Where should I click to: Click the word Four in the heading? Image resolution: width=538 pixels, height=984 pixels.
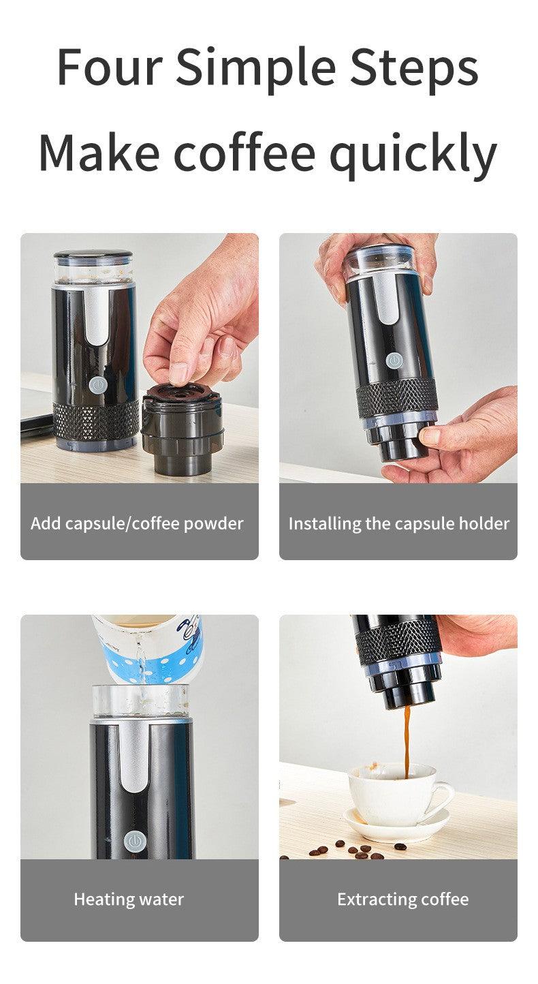point(110,67)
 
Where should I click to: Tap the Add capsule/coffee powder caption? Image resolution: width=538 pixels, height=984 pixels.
point(137,523)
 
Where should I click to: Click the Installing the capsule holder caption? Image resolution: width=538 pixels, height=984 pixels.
point(399,523)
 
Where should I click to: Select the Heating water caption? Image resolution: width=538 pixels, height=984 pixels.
point(129,900)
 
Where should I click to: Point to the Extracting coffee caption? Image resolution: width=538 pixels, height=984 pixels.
point(402,899)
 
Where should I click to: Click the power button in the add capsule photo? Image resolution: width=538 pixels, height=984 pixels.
point(98,385)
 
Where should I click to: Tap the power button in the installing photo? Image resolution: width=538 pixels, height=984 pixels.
point(394,360)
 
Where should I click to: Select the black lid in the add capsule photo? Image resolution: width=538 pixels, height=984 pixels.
point(93,254)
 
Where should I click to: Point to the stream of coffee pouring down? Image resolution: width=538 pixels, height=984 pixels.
point(407,741)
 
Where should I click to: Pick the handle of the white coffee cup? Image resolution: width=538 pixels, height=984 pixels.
point(443,796)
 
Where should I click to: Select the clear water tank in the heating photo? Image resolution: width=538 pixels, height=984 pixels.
point(140,701)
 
